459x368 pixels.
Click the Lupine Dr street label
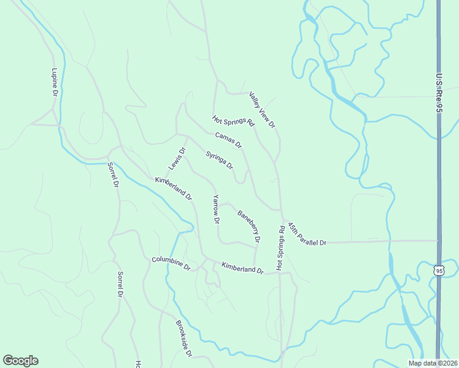54,82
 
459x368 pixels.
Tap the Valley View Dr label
263,110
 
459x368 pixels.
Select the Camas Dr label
229,140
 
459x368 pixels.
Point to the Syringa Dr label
220,160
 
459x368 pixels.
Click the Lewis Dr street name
177,159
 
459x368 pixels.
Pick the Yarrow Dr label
216,209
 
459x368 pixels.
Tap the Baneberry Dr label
249,225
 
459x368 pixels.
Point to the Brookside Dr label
184,339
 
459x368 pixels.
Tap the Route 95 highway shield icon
438,270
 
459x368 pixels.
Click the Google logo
20,361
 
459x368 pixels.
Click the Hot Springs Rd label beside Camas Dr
233,120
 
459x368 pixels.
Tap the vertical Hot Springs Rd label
280,248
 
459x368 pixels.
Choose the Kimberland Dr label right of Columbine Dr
242,268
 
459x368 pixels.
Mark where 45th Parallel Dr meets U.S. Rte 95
439,240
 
